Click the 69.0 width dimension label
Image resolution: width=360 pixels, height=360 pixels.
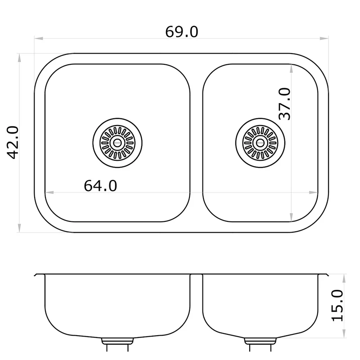182,32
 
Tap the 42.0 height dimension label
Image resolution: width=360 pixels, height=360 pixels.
13,142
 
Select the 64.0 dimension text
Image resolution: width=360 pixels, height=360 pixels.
100,186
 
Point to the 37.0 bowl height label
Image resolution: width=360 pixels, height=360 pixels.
284,104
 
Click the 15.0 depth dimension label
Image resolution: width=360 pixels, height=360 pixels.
337,306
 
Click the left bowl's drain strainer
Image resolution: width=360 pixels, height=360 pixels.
117,143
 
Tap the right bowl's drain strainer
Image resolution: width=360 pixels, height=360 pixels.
260,143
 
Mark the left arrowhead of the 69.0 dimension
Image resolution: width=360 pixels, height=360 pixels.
39,38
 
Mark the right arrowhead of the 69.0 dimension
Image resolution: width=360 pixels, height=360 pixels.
324,38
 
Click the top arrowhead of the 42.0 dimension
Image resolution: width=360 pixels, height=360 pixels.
19,58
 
